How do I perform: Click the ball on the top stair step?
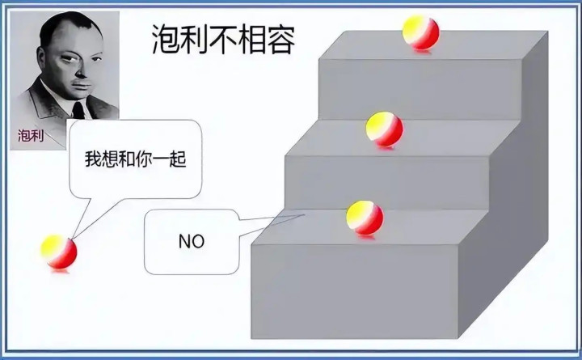tap(420, 33)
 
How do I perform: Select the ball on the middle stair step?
tap(384, 129)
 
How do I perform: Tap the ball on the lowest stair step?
tap(365, 218)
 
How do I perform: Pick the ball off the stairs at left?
tap(59, 252)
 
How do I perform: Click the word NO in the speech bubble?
tap(192, 242)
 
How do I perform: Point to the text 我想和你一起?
tap(136, 159)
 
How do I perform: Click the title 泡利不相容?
tap(224, 39)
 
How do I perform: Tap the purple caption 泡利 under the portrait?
tap(31, 136)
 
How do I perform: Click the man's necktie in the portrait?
tap(78, 110)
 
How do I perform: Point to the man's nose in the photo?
tap(81, 70)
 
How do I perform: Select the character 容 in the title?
tap(281, 39)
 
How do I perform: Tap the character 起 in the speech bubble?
tap(178, 159)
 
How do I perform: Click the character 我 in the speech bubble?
tap(93, 159)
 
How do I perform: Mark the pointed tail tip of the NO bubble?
tap(305, 214)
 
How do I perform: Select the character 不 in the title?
tap(223, 39)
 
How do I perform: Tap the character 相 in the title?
tap(252, 39)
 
